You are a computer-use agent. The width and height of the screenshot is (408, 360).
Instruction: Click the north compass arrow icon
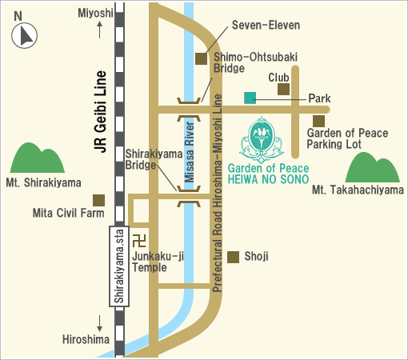coord(26,34)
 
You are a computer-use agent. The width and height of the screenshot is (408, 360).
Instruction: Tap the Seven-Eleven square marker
coord(201,58)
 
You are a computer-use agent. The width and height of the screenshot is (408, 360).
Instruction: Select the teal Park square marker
coord(250,98)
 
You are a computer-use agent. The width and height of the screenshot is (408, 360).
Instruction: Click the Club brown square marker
coord(283,90)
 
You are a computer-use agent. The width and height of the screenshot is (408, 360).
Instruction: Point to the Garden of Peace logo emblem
coord(262,137)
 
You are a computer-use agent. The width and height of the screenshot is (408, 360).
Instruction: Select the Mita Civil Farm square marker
coord(98,200)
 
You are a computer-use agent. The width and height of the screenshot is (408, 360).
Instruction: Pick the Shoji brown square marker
coord(234,257)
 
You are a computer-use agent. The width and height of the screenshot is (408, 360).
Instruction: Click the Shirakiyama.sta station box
coord(118,266)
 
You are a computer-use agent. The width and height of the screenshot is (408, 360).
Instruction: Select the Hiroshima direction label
coord(85,340)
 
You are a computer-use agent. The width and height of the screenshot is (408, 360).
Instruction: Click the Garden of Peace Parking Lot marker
coord(318,120)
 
